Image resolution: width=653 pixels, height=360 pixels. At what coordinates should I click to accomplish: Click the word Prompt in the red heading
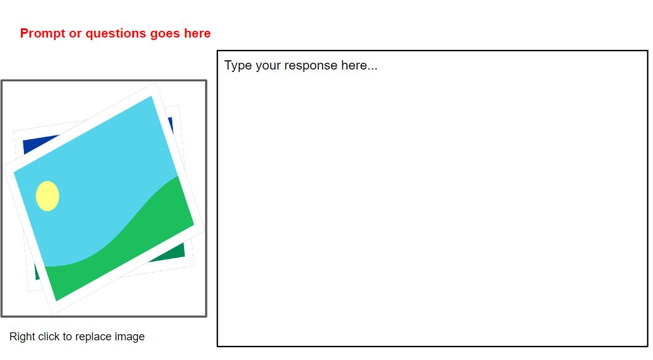coord(43,33)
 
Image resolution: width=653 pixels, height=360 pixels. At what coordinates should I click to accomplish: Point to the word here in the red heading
coord(198,33)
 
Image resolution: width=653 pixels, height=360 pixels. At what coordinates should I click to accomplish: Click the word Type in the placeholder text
coord(238,66)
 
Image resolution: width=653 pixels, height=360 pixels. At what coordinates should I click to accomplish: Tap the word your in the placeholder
coord(268,66)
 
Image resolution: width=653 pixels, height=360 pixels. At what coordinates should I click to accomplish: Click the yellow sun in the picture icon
coord(47,196)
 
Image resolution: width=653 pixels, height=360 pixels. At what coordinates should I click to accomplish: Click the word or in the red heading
coord(75,34)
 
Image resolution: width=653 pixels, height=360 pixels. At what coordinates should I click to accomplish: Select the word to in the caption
coord(68,337)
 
